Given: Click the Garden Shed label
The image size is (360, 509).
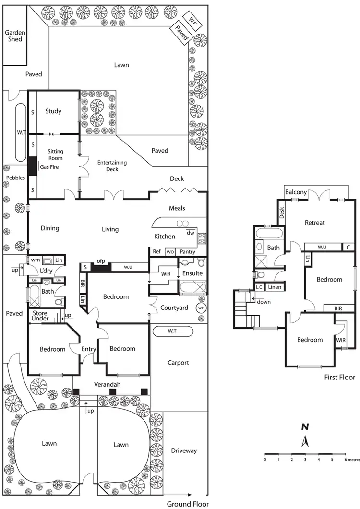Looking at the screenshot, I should (15, 36).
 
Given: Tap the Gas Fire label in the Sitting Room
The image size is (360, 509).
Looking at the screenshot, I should (50, 166).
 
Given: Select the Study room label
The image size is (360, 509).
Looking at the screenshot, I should (53, 111).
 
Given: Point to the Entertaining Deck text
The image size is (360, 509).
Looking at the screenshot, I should (111, 166).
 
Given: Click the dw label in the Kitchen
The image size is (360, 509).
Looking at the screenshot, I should (191, 233).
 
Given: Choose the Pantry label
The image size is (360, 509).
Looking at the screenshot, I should (188, 251).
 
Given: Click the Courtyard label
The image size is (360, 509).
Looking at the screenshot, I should (174, 308).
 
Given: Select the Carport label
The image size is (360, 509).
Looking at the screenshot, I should (178, 363).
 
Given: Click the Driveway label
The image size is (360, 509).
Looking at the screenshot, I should (184, 450).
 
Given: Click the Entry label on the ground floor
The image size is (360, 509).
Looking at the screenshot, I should (89, 349).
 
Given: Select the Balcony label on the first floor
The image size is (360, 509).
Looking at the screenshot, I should (296, 192).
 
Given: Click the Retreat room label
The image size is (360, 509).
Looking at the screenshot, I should (315, 222).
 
